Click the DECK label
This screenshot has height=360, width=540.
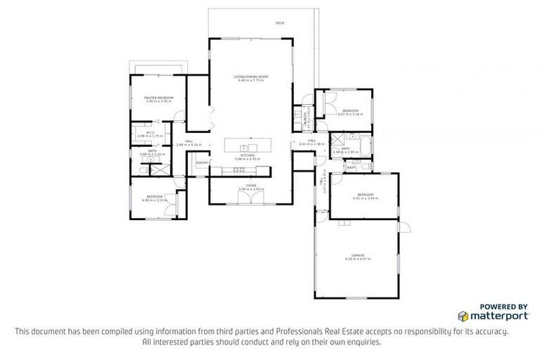coord(280,23)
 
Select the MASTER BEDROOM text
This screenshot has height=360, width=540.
coord(158,98)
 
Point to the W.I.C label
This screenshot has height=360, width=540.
coord(150,132)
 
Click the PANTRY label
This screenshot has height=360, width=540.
coord(202,162)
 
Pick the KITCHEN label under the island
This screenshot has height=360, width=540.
coord(247,155)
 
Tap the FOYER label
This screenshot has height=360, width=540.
coord(251,186)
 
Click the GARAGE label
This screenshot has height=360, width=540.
coord(358,255)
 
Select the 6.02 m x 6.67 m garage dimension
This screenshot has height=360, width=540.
coord(358,259)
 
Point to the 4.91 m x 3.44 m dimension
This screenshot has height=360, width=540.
coord(365,198)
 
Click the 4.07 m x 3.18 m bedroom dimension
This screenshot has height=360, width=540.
coord(351,114)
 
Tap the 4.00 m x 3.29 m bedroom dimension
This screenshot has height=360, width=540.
coord(155,200)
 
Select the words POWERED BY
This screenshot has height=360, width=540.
coord(503,306)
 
